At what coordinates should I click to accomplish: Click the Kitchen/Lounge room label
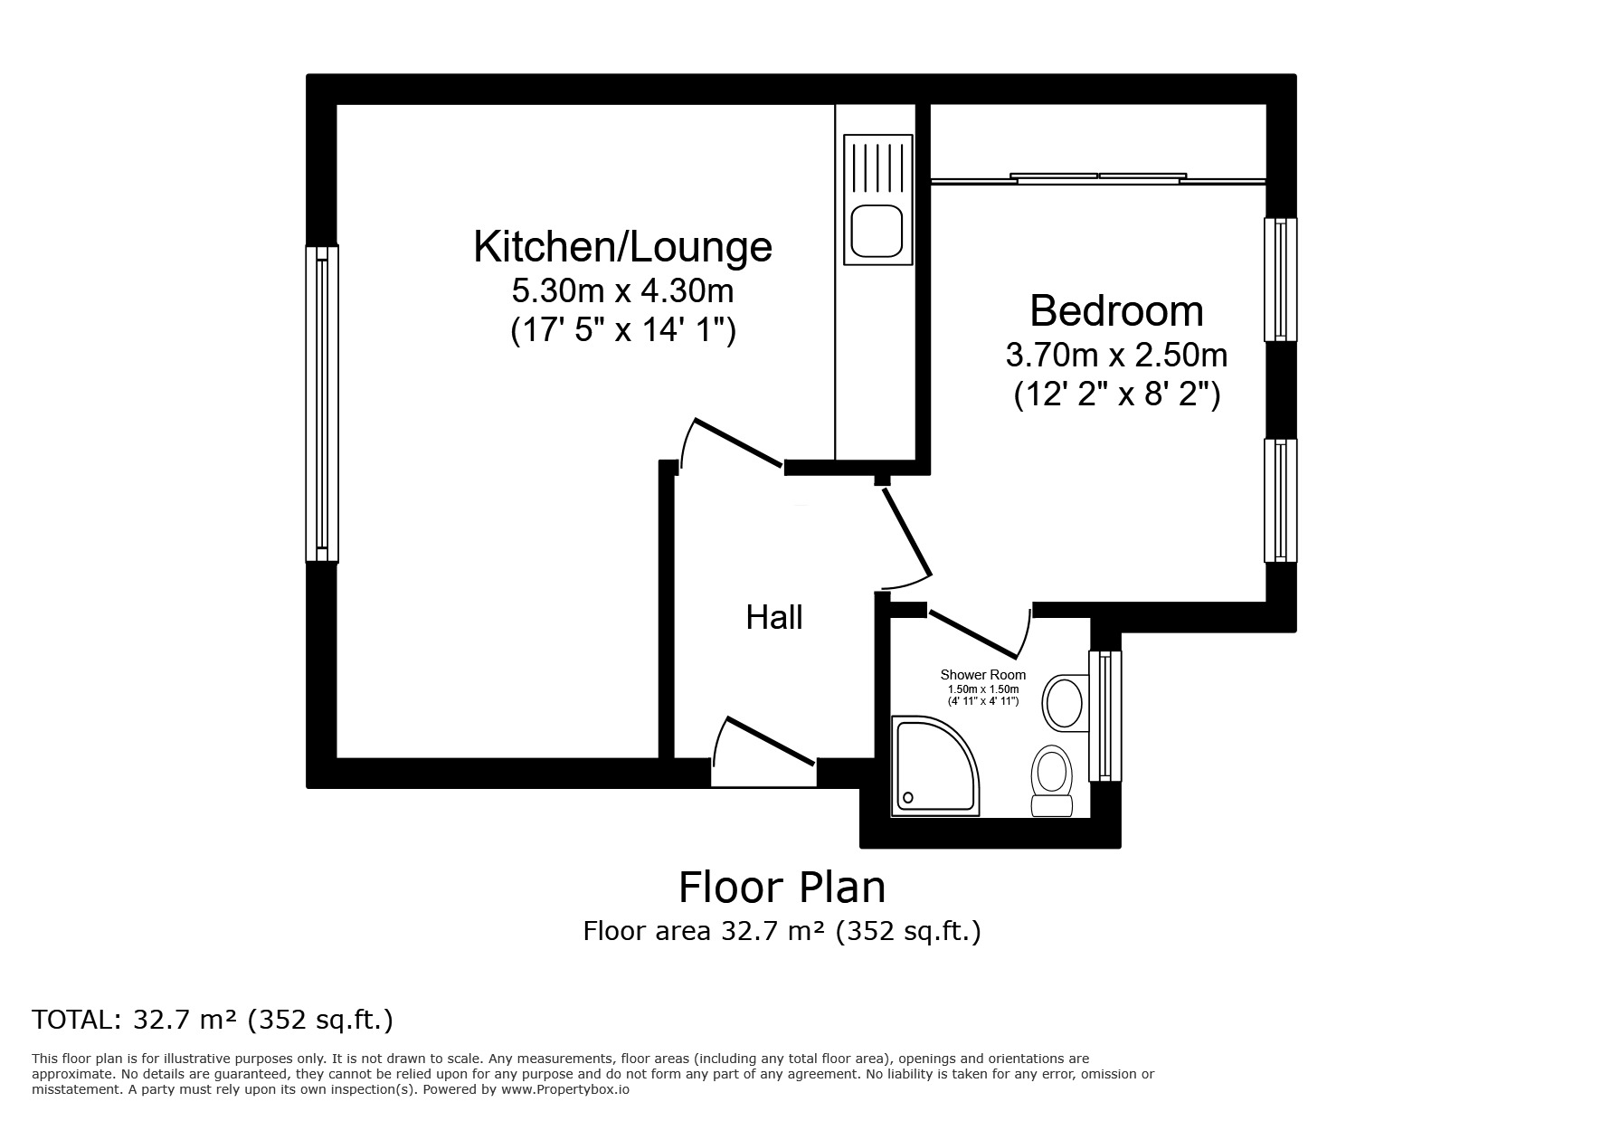[x=622, y=247]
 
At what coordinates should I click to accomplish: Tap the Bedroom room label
[x=1116, y=311]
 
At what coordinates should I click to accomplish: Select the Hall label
[x=773, y=618]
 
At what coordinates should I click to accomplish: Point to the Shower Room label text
[x=982, y=675]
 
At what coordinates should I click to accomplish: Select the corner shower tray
[x=932, y=765]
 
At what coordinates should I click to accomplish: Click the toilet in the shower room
[x=1052, y=780]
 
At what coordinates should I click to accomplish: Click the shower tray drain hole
[x=907, y=798]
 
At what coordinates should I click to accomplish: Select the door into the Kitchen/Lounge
[x=737, y=443]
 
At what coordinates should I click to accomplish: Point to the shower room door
[x=972, y=633]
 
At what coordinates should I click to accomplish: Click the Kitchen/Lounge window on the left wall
[x=322, y=404]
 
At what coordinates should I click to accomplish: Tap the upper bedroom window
[x=1280, y=280]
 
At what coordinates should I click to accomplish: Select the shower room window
[x=1104, y=715]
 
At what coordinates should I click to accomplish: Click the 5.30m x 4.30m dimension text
[x=622, y=291]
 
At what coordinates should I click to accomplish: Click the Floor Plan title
[x=782, y=888]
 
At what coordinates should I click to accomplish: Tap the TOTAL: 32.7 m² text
[x=213, y=1020]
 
